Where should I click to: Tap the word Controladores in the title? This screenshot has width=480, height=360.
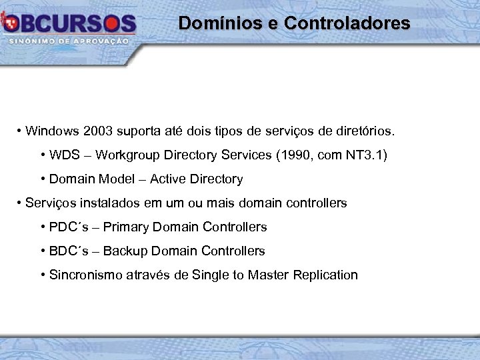(347, 23)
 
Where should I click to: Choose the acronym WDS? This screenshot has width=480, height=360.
(64, 155)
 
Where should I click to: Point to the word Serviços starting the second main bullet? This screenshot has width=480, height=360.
(47, 203)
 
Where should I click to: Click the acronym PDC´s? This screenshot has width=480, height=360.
(67, 227)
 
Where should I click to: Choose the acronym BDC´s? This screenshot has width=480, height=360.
(67, 251)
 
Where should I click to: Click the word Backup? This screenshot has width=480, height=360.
(125, 251)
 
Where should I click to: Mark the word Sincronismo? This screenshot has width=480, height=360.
(85, 275)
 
